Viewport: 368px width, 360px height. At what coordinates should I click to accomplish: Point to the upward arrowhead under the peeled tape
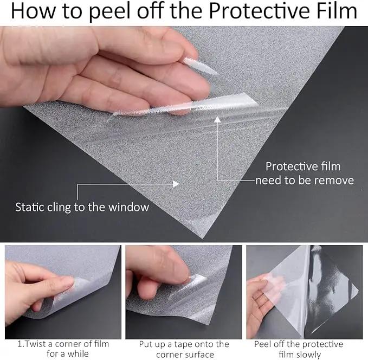click(217, 119)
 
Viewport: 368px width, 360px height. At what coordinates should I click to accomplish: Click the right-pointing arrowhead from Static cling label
click(176, 184)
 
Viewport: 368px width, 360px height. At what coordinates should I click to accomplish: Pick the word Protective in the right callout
click(292, 166)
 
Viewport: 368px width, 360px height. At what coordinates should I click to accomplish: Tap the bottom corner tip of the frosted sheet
click(202, 238)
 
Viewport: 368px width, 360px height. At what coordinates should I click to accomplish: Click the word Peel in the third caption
click(263, 344)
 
